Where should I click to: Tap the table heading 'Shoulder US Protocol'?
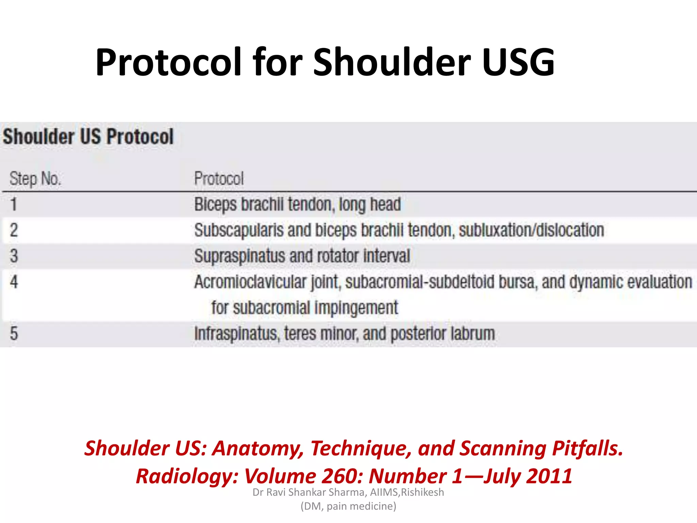88,137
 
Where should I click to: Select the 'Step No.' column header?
35,178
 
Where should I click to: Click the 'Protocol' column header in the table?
219,178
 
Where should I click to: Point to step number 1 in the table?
14,204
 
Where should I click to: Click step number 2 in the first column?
14,230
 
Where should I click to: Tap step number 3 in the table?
14,256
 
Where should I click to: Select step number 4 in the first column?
14,282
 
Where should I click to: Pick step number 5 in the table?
14,333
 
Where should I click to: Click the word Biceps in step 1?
215,205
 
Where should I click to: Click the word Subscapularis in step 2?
239,231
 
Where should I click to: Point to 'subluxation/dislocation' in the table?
531,230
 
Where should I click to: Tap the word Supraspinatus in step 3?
240,256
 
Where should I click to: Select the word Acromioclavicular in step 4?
250,282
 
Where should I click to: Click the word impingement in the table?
356,308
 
